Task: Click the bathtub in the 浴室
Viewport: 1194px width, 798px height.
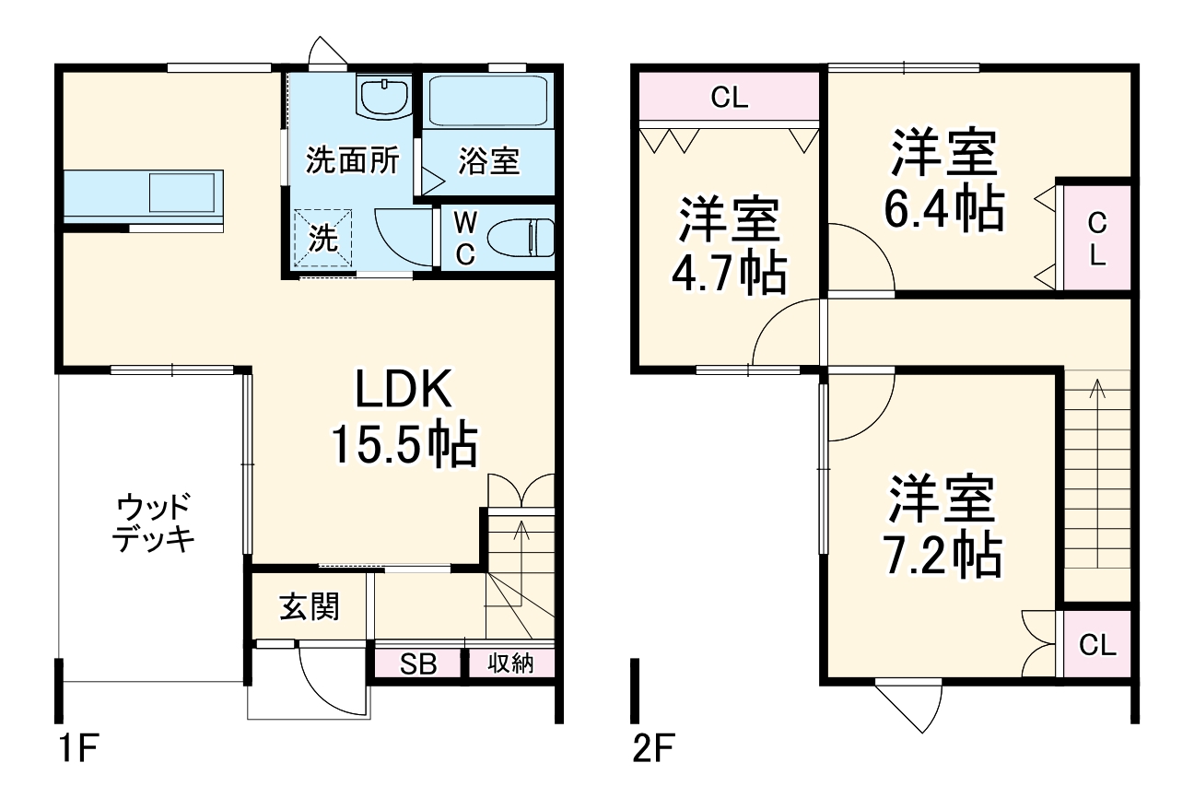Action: point(489,100)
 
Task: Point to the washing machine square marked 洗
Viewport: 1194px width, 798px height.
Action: point(322,240)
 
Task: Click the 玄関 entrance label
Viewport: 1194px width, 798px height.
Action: point(310,606)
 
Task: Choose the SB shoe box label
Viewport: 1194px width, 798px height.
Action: point(417,663)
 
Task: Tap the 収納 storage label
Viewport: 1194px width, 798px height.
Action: point(510,663)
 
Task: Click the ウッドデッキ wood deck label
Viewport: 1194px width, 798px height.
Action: point(154,522)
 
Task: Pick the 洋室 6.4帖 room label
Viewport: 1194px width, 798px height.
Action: point(943,182)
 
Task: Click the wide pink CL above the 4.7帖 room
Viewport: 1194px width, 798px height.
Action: point(729,98)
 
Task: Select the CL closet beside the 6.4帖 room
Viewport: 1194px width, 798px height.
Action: point(1096,238)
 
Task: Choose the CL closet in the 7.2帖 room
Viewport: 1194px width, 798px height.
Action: point(1096,645)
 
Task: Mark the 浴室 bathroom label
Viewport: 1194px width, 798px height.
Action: point(489,162)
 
